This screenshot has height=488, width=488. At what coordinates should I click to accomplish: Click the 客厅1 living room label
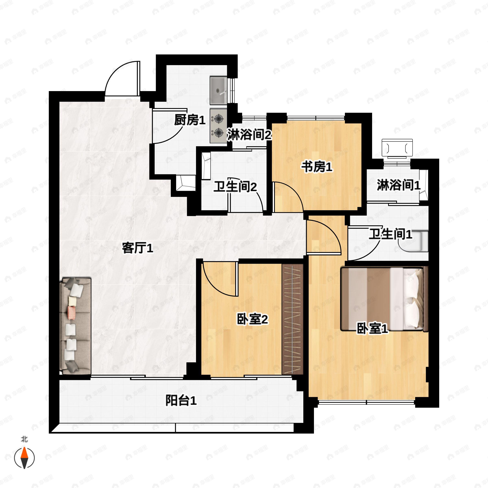137,248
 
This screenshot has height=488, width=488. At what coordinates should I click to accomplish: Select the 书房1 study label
317,167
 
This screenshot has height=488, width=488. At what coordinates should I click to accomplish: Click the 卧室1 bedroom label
372,329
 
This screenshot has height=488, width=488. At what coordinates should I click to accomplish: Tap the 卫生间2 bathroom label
235,187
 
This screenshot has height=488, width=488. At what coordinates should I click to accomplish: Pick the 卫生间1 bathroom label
390,234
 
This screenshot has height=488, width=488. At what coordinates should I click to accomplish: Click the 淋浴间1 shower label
399,185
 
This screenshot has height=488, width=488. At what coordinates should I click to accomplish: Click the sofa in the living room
75,326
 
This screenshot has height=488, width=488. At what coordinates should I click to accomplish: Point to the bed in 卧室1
385,299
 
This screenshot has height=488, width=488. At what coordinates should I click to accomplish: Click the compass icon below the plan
24,458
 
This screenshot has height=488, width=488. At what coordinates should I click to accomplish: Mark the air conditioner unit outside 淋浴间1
397,148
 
